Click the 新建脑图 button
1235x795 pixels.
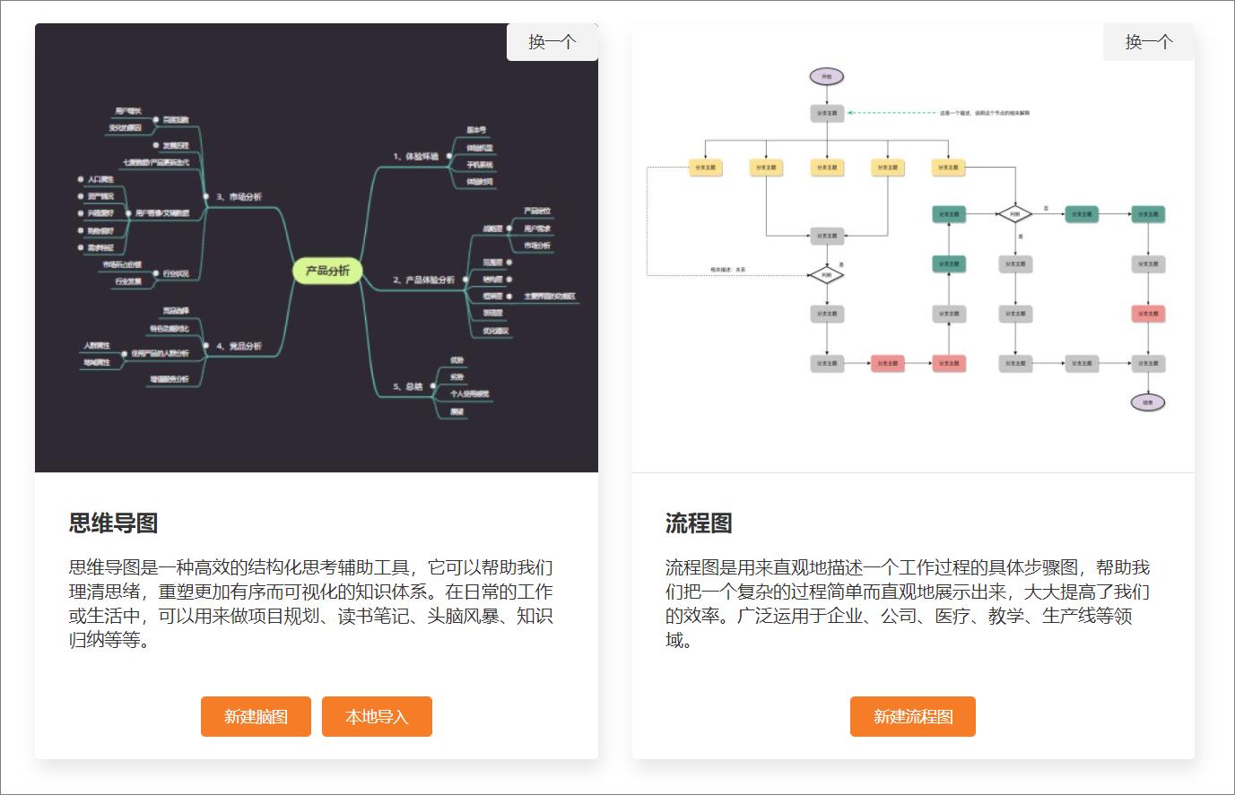click(256, 716)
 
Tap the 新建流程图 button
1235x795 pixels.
click(912, 716)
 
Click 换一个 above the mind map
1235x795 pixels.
click(552, 42)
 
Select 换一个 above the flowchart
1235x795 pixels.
click(1148, 42)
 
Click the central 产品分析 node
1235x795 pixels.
click(327, 271)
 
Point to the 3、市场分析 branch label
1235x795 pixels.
click(239, 196)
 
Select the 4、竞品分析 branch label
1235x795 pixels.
click(239, 346)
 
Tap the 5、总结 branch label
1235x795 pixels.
click(407, 386)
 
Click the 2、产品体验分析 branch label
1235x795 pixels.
click(423, 280)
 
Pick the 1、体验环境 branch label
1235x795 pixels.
click(415, 156)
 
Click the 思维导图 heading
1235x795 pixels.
click(114, 523)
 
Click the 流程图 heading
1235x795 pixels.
click(699, 523)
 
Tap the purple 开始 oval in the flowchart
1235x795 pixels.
click(826, 77)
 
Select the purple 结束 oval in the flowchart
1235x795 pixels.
click(1148, 402)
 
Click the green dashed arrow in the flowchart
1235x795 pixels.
click(888, 113)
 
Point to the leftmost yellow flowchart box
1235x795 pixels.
click(706, 168)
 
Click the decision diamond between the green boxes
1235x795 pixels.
click(1014, 214)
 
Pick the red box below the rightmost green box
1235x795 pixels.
click(1148, 314)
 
